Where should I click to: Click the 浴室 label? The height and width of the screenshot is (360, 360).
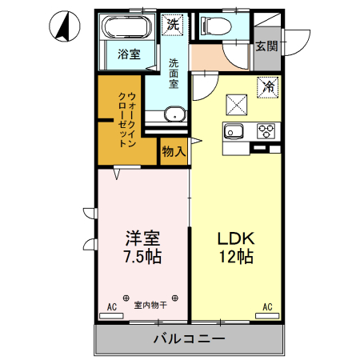click(130, 54)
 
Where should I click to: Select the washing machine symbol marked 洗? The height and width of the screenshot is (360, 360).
click(173, 25)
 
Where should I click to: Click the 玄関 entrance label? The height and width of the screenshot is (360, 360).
click(267, 46)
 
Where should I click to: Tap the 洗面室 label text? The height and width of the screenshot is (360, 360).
click(174, 73)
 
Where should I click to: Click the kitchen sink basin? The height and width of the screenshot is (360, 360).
click(234, 132)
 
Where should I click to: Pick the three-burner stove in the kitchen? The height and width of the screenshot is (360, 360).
click(266, 130)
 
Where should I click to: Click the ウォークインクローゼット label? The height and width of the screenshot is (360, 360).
click(127, 121)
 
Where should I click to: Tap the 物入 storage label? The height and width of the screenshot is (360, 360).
click(174, 150)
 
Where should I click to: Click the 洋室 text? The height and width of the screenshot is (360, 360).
click(142, 239)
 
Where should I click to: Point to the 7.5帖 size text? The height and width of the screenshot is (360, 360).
click(142, 258)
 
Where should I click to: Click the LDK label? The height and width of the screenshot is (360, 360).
click(235, 239)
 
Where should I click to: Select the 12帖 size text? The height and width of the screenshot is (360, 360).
click(235, 258)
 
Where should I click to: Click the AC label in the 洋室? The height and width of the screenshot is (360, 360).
click(112, 306)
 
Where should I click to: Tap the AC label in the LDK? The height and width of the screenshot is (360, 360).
click(267, 306)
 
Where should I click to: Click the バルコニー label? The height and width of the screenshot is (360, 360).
click(189, 340)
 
